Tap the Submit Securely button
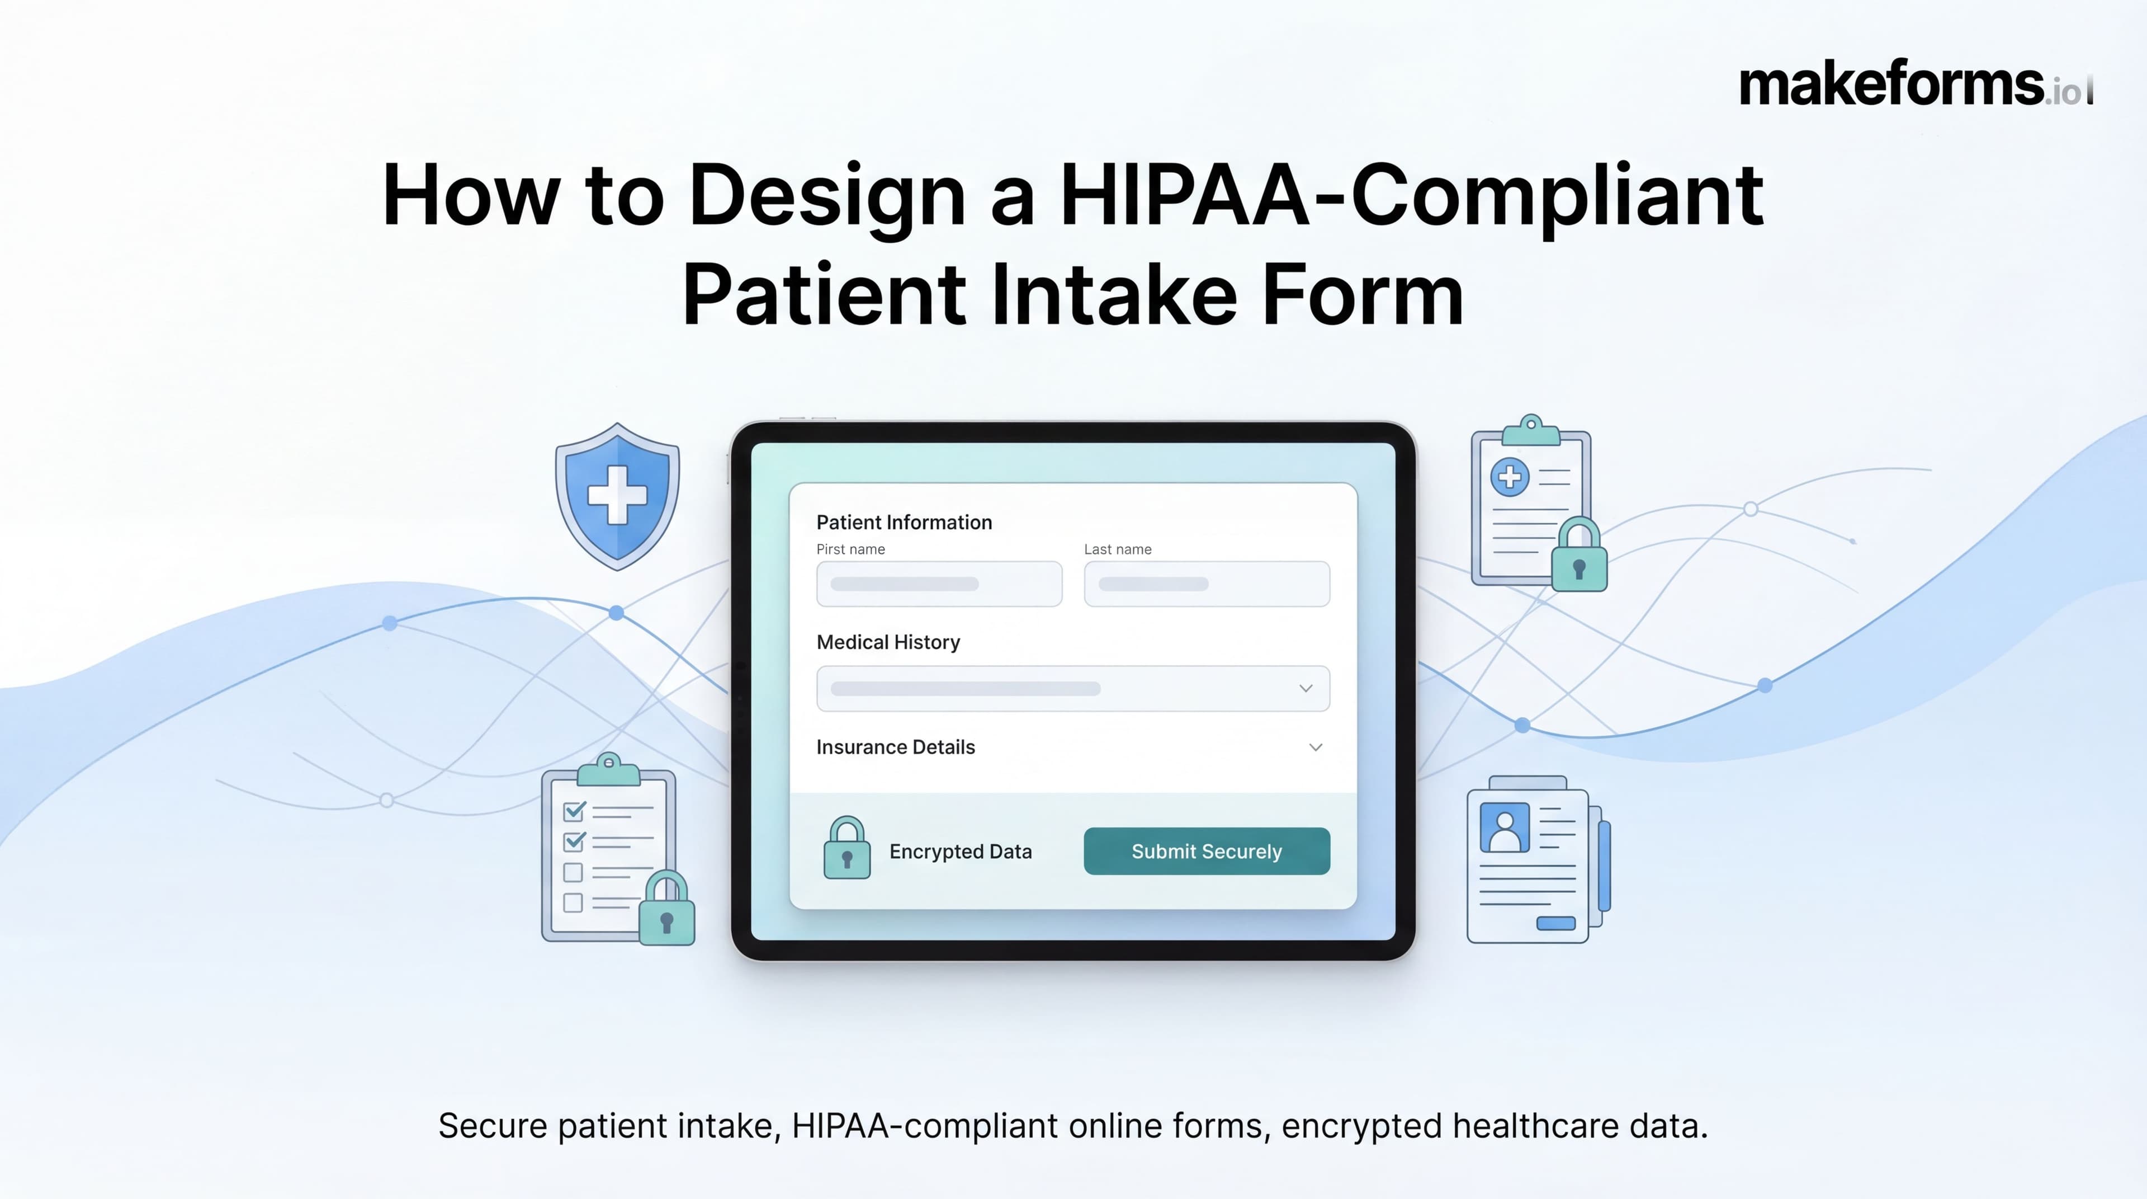coord(1206,852)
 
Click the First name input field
coord(939,584)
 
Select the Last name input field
coord(1206,584)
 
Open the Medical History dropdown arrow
coord(1305,689)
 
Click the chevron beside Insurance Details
coord(1315,747)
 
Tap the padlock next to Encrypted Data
coord(847,848)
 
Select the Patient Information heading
coord(904,523)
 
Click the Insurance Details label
coord(895,747)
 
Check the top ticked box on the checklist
coord(574,811)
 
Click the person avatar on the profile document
coord(1505,827)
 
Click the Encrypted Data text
coord(960,852)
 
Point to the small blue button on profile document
coord(1555,923)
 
